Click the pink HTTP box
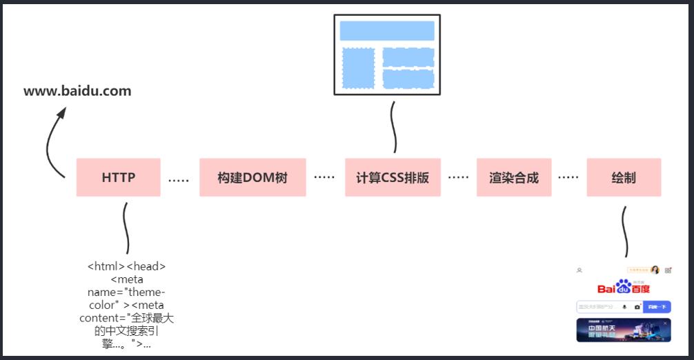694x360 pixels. pyautogui.click(x=118, y=177)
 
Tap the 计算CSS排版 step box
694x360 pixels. pyautogui.click(x=393, y=177)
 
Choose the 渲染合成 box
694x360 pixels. pyautogui.click(x=513, y=177)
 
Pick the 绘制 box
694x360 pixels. pyautogui.click(x=624, y=177)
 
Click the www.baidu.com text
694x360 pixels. pyautogui.click(x=77, y=91)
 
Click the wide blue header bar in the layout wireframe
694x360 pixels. pyautogui.click(x=387, y=30)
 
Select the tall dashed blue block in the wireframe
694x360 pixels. pyautogui.click(x=359, y=69)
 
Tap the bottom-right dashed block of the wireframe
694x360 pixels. pyautogui.click(x=408, y=79)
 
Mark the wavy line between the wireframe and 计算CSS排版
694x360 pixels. pyautogui.click(x=394, y=128)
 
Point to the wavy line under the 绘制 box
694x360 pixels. pyautogui.click(x=625, y=232)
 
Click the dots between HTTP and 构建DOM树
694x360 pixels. pyautogui.click(x=179, y=181)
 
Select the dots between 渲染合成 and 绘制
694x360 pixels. pyautogui.click(x=568, y=177)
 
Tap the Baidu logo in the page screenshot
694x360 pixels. pyautogui.click(x=624, y=288)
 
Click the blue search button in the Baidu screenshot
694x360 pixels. pyautogui.click(x=657, y=307)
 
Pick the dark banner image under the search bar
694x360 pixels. pyautogui.click(x=624, y=330)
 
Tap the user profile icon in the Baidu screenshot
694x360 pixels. pyautogui.click(x=579, y=270)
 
